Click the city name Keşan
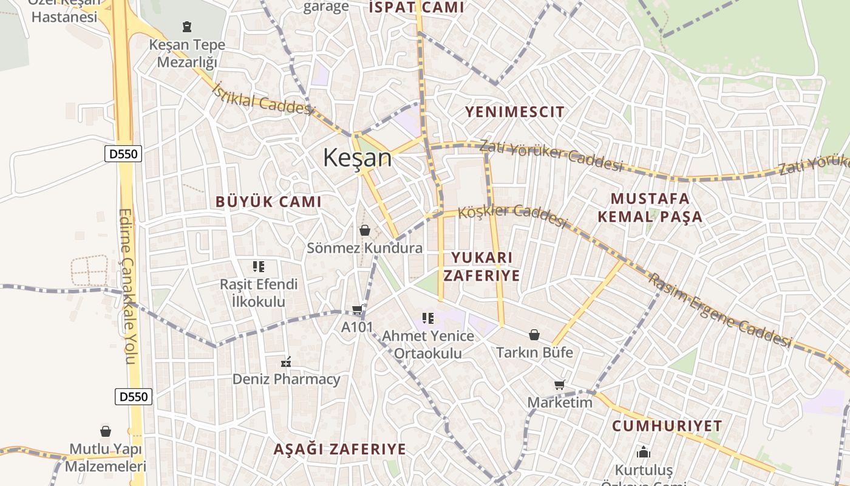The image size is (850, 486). click(x=357, y=158)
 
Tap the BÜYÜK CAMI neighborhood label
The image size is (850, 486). click(x=268, y=202)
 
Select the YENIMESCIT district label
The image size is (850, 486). click(x=515, y=112)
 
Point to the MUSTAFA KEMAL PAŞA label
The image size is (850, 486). click(x=650, y=208)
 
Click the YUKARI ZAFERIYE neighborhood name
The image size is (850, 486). click(x=481, y=267)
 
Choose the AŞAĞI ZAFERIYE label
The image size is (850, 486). click(x=339, y=450)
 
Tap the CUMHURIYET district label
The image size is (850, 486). click(x=667, y=426)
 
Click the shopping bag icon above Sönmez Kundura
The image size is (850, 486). click(x=365, y=230)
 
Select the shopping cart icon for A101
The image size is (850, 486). click(x=358, y=309)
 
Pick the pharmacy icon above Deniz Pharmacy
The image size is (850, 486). click(x=286, y=362)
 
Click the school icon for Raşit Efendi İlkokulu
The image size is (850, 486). click(x=259, y=266)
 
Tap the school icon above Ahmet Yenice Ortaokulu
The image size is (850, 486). click(x=428, y=318)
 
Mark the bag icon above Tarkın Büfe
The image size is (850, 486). click(x=534, y=335)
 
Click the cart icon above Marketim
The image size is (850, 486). click(x=559, y=385)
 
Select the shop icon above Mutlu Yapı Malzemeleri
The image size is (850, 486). click(x=106, y=431)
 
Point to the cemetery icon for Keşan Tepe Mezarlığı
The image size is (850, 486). click(x=187, y=27)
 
